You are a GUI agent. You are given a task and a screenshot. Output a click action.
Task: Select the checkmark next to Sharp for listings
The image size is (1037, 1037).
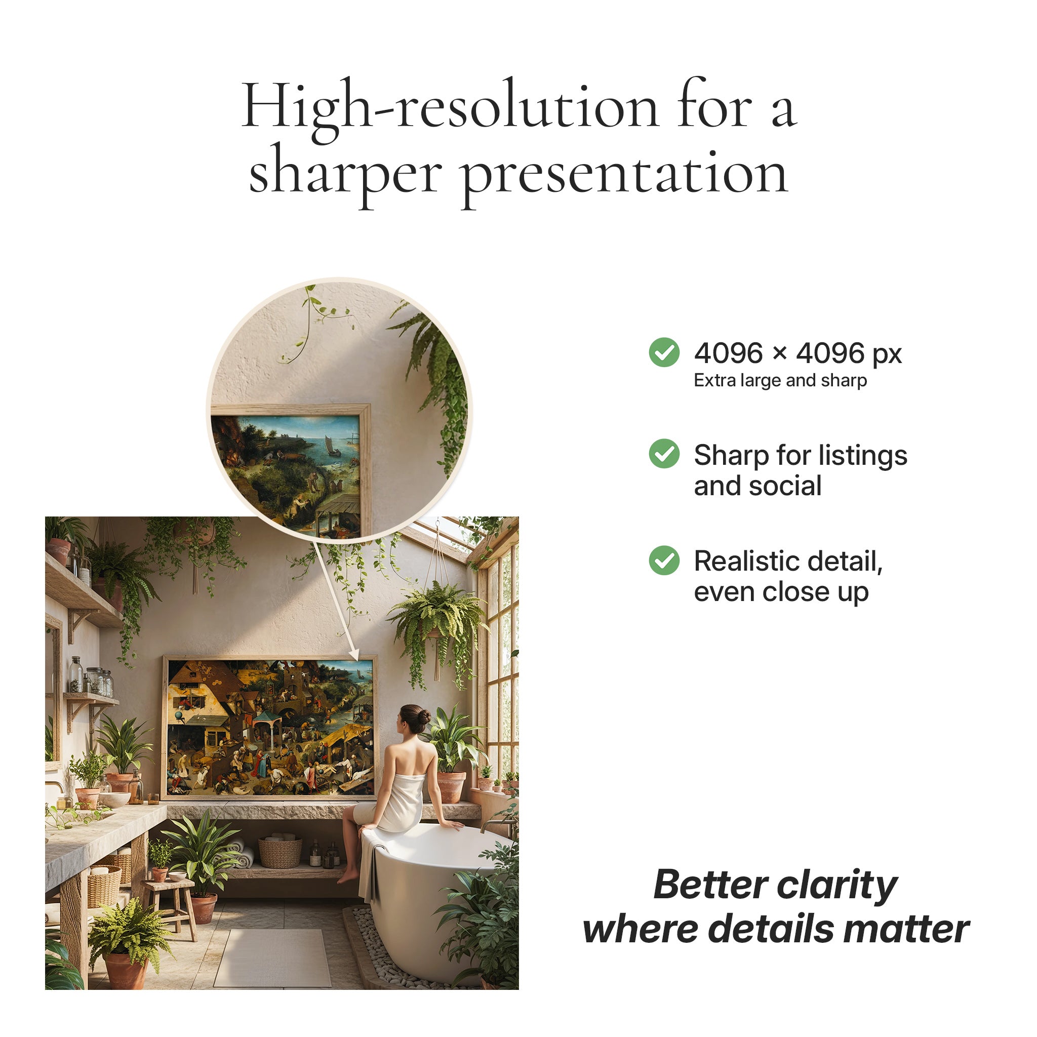664,454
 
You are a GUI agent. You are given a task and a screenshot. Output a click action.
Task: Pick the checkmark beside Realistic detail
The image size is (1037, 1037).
664,561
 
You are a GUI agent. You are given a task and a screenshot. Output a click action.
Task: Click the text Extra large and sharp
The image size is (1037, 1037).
780,381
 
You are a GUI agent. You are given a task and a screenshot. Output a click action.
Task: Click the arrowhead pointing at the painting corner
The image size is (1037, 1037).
355,656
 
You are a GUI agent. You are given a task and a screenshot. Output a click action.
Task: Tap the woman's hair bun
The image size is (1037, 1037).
424,717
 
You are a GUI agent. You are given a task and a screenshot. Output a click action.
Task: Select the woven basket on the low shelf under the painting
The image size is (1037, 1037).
280,852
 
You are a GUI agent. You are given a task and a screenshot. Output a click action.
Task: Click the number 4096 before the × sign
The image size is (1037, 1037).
728,353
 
